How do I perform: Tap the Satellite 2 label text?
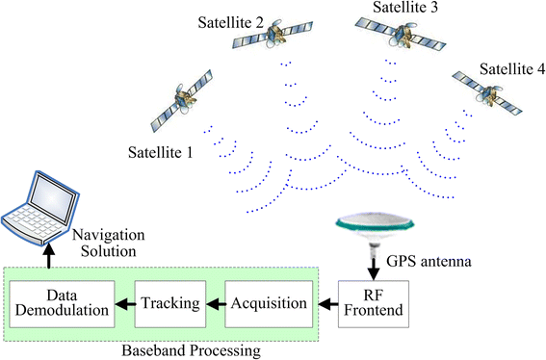(231, 20)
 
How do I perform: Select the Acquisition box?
(271, 303)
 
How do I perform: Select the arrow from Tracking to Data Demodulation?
(124, 303)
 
